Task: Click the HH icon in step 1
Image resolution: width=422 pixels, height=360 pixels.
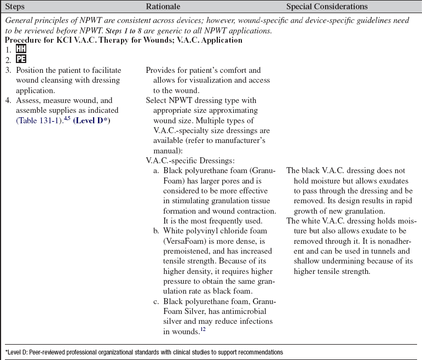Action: click(21, 49)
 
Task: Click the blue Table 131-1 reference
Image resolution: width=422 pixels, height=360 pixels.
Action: click(36, 121)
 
